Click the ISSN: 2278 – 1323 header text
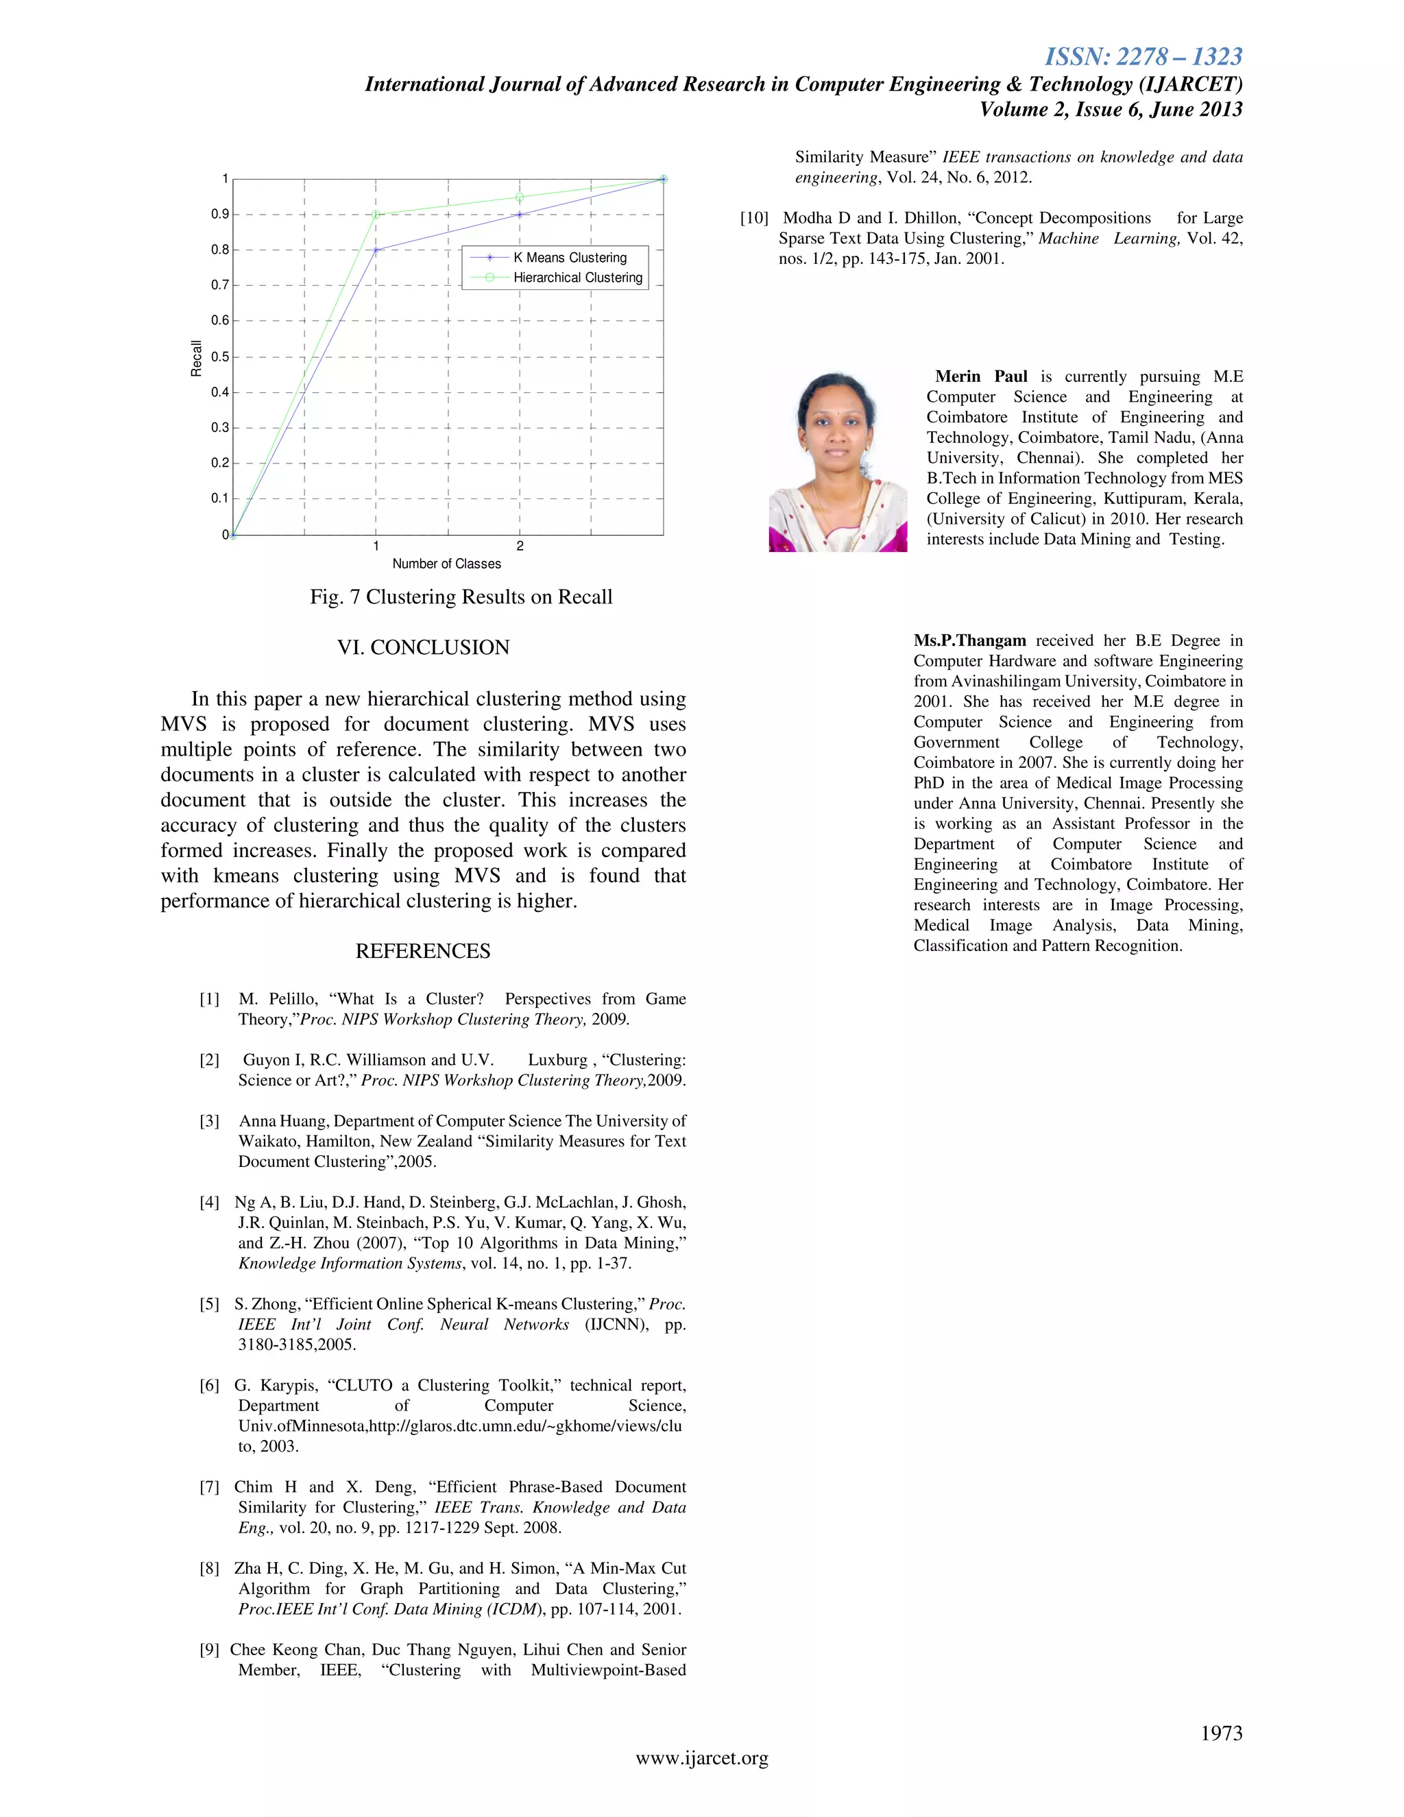click(1143, 57)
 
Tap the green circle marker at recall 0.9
click(376, 215)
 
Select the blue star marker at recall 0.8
click(376, 250)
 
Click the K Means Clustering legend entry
click(570, 258)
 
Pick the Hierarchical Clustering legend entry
click(577, 278)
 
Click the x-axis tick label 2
click(520, 546)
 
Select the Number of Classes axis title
click(447, 564)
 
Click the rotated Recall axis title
click(196, 359)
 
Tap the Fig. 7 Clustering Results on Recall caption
click(461, 597)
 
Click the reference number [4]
click(210, 1203)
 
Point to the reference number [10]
click(754, 218)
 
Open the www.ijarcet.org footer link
click(702, 1758)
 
